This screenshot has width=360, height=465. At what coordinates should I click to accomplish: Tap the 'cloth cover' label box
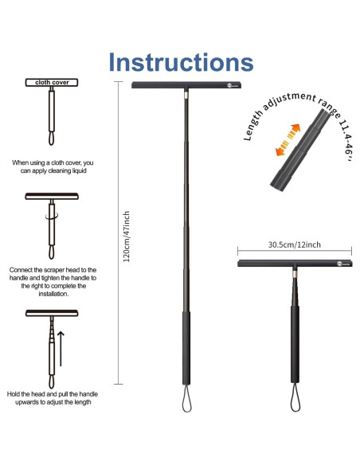click(53, 82)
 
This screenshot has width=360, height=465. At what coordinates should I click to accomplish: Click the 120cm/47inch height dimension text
click(127, 232)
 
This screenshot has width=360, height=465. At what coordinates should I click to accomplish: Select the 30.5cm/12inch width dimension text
click(295, 245)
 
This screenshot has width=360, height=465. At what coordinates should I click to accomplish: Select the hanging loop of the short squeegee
click(295, 394)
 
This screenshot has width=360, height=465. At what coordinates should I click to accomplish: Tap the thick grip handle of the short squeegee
click(295, 343)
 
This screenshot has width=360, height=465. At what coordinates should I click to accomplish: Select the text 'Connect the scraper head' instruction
click(53, 282)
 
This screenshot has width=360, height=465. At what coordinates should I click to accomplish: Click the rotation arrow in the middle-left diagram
click(53, 213)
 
